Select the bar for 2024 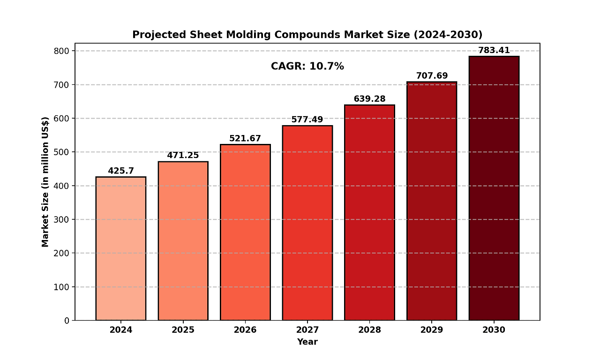pyautogui.click(x=120, y=248)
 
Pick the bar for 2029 pyautogui.click(x=432, y=201)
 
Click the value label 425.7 pyautogui.click(x=120, y=171)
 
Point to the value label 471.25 pyautogui.click(x=183, y=156)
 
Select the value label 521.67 pyautogui.click(x=245, y=139)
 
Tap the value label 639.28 pyautogui.click(x=369, y=99)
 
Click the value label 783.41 pyautogui.click(x=494, y=51)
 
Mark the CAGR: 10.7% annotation pyautogui.click(x=307, y=67)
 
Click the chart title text pyautogui.click(x=307, y=35)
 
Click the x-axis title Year pyautogui.click(x=307, y=342)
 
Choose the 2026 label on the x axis pyautogui.click(x=245, y=330)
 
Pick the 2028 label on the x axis pyautogui.click(x=369, y=330)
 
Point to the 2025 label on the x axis pyautogui.click(x=183, y=330)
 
